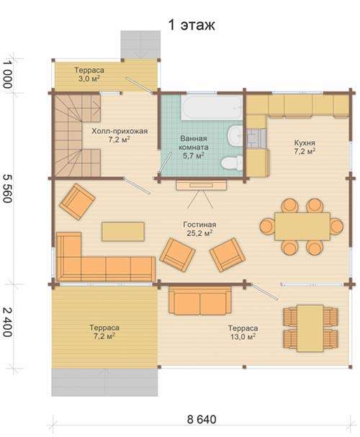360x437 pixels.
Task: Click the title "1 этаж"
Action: (x=192, y=24)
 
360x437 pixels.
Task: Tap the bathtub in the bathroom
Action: (x=211, y=107)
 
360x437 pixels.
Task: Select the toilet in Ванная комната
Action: (x=232, y=163)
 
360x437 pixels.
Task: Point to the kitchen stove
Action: (x=256, y=138)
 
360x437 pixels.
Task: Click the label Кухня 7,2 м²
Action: (x=305, y=147)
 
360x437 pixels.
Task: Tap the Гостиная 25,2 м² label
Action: (x=199, y=228)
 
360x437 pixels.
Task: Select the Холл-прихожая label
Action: (x=120, y=131)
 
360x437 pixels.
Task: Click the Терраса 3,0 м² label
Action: (x=89, y=74)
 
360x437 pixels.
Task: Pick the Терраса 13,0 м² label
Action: (x=243, y=332)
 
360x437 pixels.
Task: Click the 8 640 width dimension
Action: (x=202, y=419)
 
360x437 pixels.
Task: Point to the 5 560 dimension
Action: (x=7, y=189)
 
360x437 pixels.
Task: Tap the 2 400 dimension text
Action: (x=7, y=323)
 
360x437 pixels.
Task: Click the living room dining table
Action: (x=302, y=226)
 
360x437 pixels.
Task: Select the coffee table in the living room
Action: (x=123, y=231)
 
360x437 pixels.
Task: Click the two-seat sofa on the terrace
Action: (x=199, y=300)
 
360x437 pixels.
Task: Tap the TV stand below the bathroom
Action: (x=201, y=185)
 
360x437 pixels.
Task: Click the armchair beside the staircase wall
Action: (x=78, y=202)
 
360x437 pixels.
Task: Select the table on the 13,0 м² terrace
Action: (x=310, y=328)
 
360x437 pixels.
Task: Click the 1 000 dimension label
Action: (x=7, y=74)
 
